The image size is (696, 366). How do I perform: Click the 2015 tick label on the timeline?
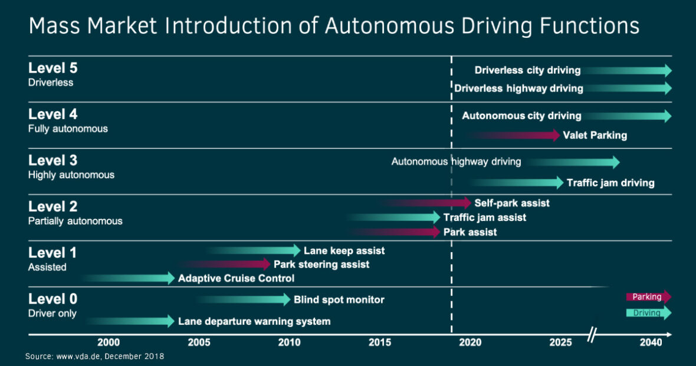click(x=379, y=343)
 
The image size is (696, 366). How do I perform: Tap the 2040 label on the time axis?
click(x=651, y=343)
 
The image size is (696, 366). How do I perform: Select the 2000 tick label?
click(x=109, y=343)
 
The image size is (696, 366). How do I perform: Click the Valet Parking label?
click(x=595, y=135)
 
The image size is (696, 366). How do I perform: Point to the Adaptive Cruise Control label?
click(x=236, y=278)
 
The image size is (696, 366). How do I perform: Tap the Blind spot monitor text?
click(x=339, y=300)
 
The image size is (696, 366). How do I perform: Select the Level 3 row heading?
click(x=52, y=161)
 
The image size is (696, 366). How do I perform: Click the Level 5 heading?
click(x=52, y=68)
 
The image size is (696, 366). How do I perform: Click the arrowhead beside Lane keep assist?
click(x=296, y=251)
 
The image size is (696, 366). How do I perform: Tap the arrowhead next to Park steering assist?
click(x=266, y=264)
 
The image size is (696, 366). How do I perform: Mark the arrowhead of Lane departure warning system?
click(x=170, y=322)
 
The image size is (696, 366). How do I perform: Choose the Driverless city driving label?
click(x=527, y=70)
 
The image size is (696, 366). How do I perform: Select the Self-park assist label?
click(x=511, y=203)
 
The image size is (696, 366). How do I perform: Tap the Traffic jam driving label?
click(x=610, y=182)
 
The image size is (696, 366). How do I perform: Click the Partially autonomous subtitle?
click(x=75, y=221)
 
